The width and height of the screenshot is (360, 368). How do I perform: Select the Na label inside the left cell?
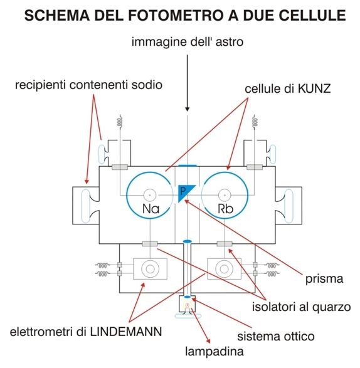point(151,209)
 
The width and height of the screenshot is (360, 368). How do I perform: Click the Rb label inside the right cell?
point(226,209)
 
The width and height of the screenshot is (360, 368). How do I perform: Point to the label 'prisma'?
point(324,279)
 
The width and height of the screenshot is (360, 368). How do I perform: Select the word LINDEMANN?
point(126,332)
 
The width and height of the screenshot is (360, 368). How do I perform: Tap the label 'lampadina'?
point(214,352)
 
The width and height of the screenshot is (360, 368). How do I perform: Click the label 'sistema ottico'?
point(276,336)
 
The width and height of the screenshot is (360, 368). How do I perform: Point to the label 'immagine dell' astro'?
point(187,42)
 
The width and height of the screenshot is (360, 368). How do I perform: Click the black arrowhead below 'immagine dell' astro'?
point(187,109)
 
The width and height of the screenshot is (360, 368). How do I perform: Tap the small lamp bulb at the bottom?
point(188,306)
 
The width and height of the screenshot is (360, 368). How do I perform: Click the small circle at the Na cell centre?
point(150,195)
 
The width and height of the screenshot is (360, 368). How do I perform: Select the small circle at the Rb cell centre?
point(225,195)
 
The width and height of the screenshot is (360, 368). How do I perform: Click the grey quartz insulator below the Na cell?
point(150,244)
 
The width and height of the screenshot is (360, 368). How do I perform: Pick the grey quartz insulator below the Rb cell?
point(225,244)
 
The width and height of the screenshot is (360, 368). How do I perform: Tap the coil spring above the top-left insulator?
point(120,122)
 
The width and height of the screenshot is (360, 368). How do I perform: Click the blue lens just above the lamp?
point(188,297)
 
